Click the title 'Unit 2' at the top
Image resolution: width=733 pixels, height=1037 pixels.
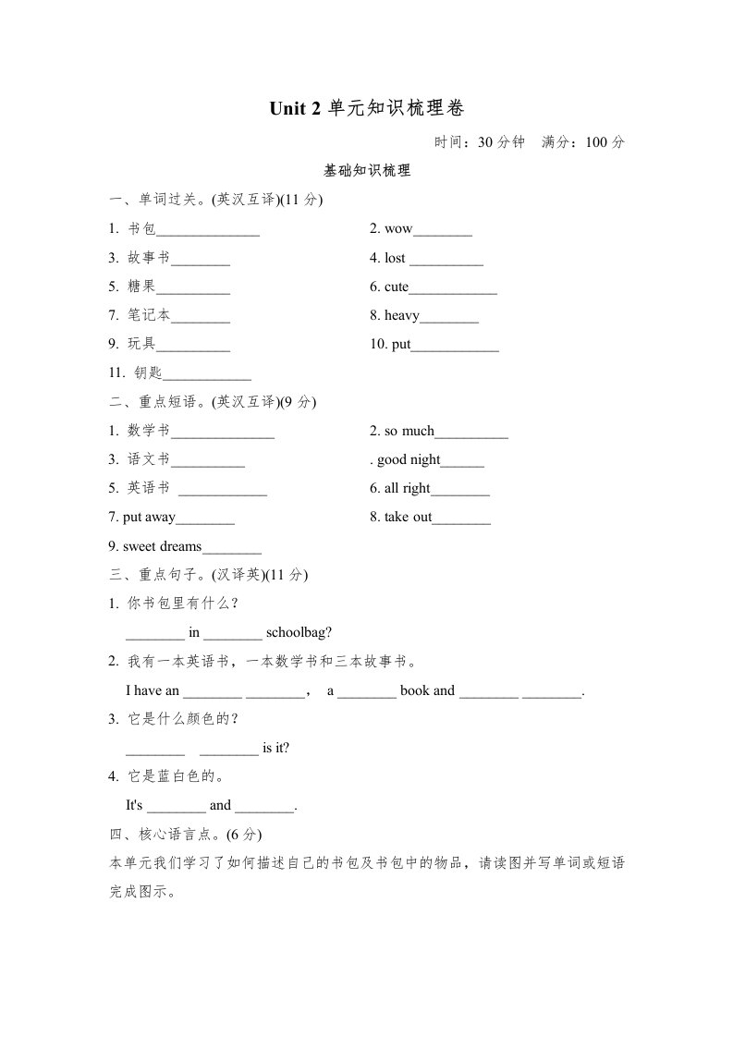(x=295, y=109)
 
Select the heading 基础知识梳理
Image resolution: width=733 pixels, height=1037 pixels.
(x=367, y=171)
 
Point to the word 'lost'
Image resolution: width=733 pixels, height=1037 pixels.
(x=395, y=258)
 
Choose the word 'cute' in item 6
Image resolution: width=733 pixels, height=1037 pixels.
(x=397, y=287)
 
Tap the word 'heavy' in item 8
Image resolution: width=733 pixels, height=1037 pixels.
(x=402, y=315)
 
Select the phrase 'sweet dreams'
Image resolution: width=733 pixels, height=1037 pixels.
(x=162, y=546)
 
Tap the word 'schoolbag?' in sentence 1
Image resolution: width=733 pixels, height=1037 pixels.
(x=299, y=632)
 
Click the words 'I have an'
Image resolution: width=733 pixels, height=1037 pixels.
(x=153, y=690)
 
